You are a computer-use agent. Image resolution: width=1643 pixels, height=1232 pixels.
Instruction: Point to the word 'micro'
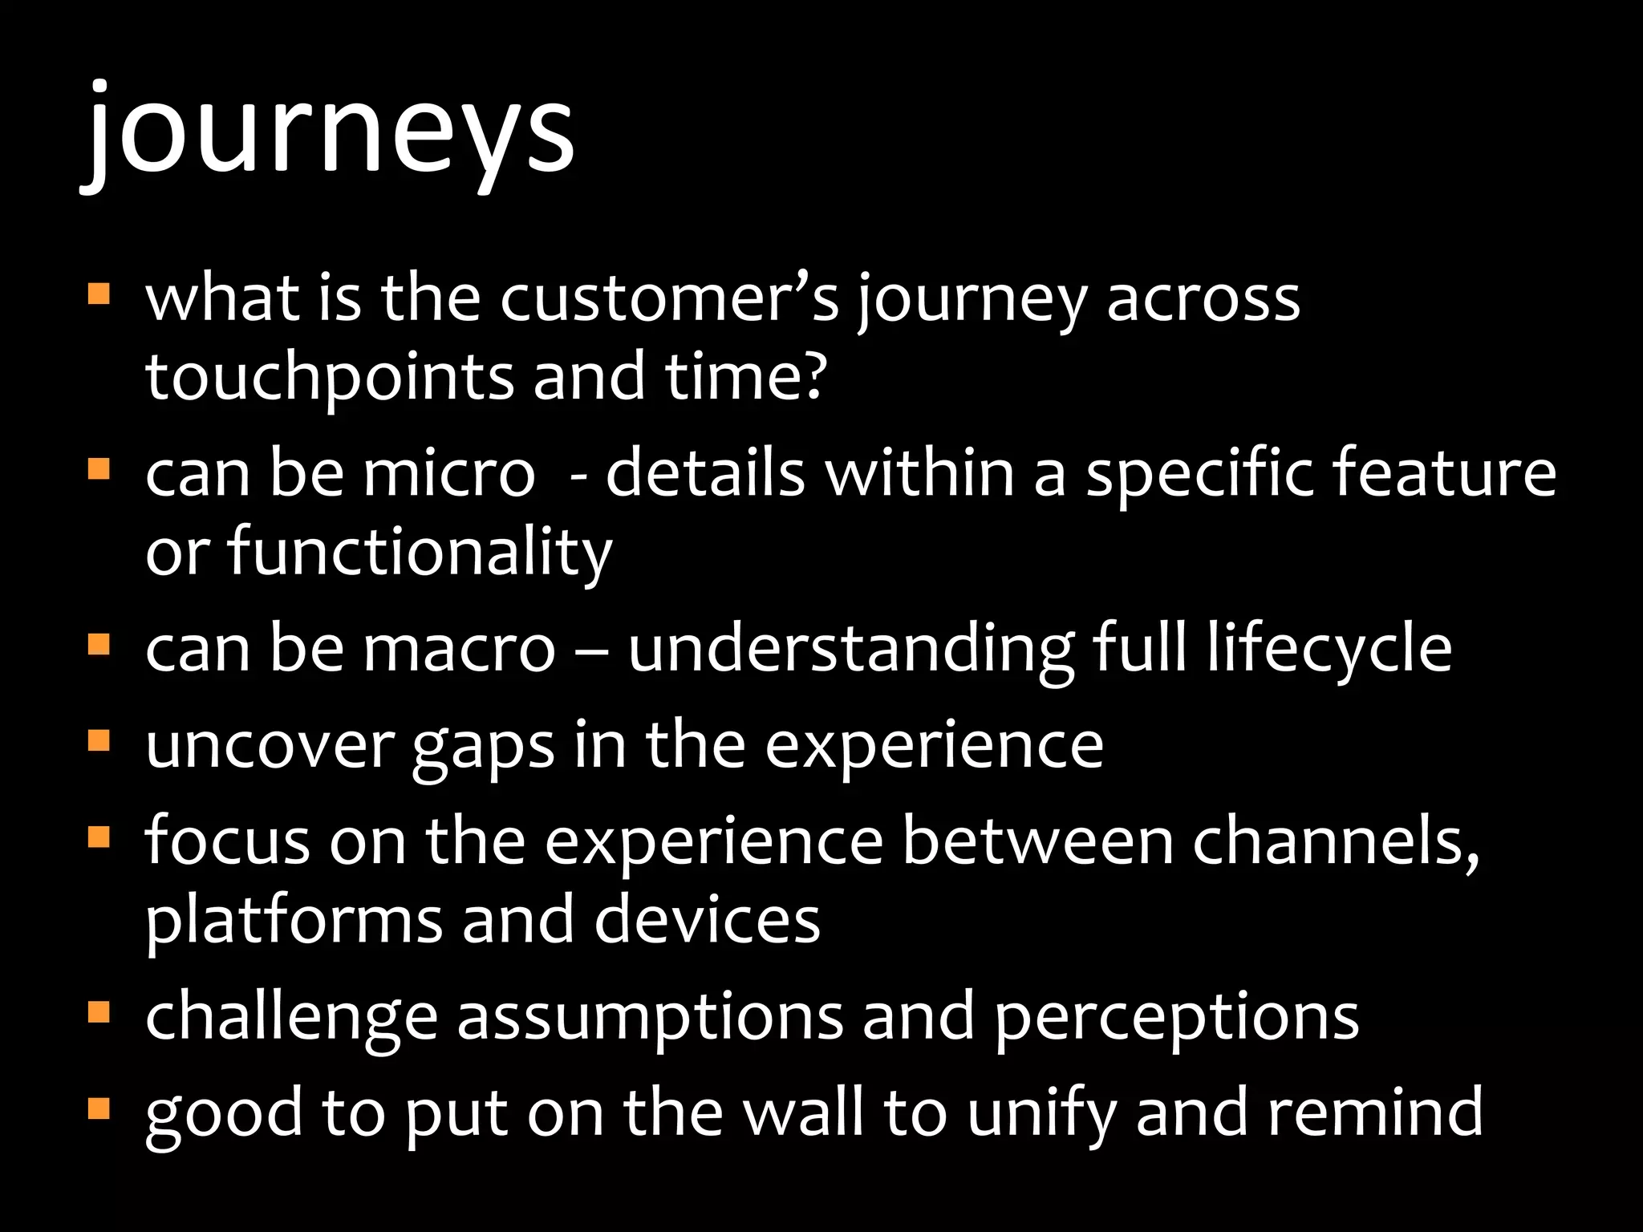448,473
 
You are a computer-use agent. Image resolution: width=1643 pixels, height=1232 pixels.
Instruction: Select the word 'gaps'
483,746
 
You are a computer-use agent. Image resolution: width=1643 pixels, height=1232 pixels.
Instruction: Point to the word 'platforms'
294,921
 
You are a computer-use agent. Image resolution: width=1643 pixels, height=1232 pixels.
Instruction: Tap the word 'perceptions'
1176,1017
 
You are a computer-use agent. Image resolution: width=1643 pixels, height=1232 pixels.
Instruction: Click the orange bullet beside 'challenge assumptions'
99,1011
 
